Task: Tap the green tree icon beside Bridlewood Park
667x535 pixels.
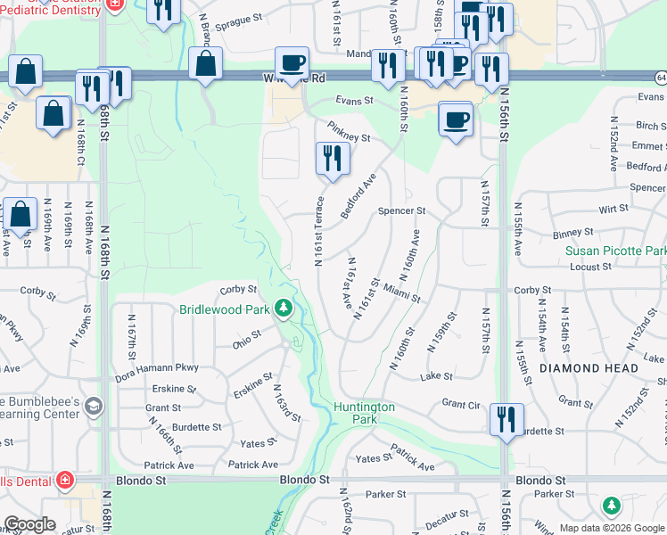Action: point(284,309)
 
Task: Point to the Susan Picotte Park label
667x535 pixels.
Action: point(614,251)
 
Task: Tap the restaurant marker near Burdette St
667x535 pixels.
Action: point(506,419)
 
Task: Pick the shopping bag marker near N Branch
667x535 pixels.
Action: point(206,64)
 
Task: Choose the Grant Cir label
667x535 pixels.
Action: point(461,404)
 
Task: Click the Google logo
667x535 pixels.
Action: point(30,524)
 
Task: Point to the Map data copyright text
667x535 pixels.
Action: point(612,528)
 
